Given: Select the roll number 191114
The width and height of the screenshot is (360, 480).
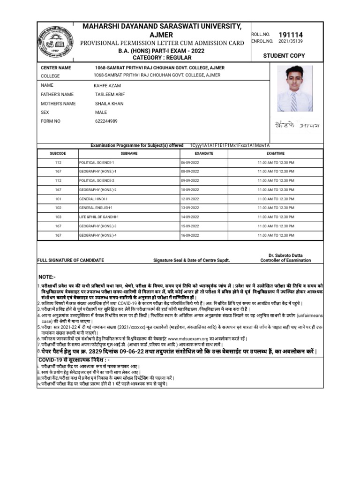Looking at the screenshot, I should pyautogui.click(x=291, y=35).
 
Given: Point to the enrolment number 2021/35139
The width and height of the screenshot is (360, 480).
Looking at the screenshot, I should pyautogui.click(x=291, y=41).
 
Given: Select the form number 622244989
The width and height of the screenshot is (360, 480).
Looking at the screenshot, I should pyautogui.click(x=106, y=121).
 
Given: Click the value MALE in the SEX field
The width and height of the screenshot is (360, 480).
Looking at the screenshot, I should pyautogui.click(x=101, y=112).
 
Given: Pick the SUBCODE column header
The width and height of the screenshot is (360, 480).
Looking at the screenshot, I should pyautogui.click(x=58, y=153).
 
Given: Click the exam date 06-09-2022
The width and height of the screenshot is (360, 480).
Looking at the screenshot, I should pyautogui.click(x=190, y=162).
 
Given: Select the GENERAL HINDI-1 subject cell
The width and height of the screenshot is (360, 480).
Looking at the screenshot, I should pyautogui.click(x=93, y=199).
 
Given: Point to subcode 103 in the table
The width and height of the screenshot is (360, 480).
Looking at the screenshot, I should pyautogui.click(x=58, y=217).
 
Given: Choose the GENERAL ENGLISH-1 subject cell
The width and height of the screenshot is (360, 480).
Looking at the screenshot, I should pyautogui.click(x=96, y=208).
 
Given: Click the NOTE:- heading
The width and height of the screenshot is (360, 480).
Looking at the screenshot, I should pyautogui.click(x=47, y=277).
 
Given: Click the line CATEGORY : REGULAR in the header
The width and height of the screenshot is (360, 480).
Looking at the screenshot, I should pyautogui.click(x=162, y=58).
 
